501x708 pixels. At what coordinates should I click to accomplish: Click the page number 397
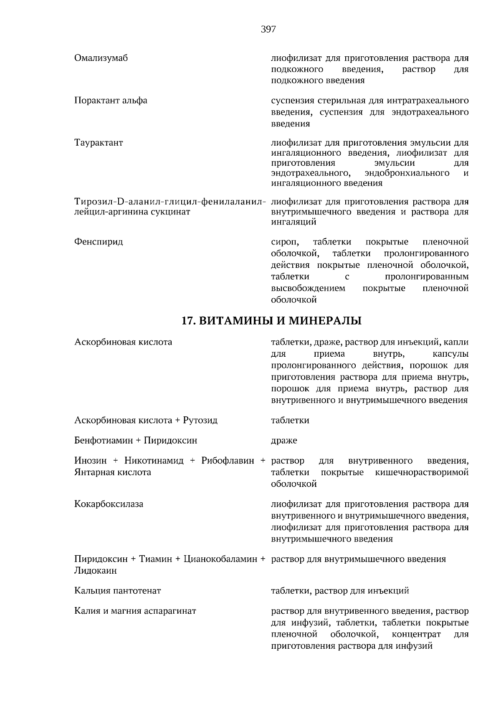[x=268, y=29]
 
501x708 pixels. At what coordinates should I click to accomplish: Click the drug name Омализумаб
[x=101, y=58]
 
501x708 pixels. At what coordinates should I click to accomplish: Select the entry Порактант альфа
[x=111, y=101]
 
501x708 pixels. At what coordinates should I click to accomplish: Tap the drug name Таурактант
[x=99, y=143]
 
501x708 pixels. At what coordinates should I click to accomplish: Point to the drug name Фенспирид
[x=99, y=242]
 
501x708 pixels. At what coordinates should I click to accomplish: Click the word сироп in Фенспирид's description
[x=285, y=242]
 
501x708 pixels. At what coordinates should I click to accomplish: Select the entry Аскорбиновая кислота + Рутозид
[x=146, y=420]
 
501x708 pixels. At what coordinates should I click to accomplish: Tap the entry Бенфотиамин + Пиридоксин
[x=136, y=441]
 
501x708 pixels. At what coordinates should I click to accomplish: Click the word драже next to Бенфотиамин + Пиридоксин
[x=284, y=441]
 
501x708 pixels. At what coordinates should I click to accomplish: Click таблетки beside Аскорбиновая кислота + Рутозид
[x=290, y=420]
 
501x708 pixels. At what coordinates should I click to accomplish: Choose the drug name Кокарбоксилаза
[x=109, y=504]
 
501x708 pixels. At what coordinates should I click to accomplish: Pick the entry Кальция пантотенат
[x=117, y=591]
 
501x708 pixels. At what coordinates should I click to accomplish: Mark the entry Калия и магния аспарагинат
[x=135, y=611]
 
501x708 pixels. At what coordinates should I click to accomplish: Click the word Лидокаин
[x=95, y=571]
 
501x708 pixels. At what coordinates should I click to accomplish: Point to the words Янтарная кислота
[x=113, y=472]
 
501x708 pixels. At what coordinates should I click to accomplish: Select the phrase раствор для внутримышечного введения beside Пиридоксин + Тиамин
[x=358, y=559]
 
